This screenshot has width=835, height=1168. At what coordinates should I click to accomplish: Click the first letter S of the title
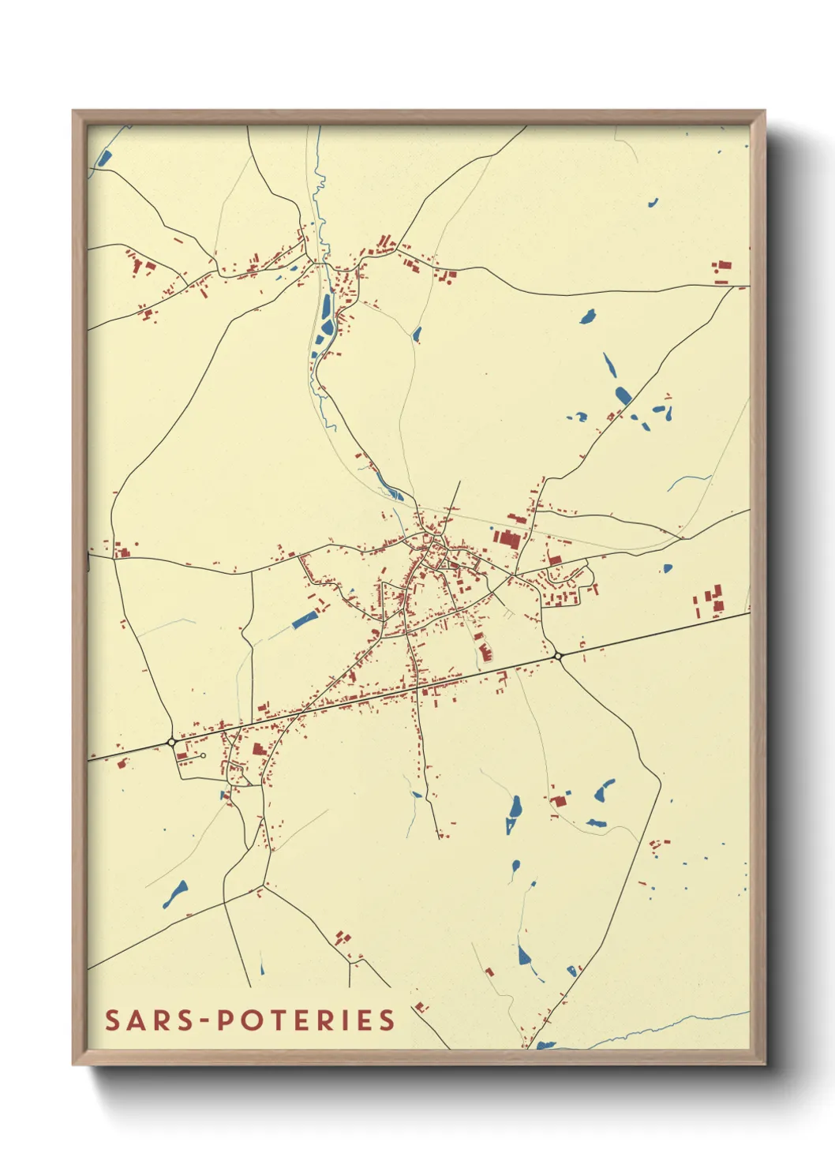pyautogui.click(x=113, y=1020)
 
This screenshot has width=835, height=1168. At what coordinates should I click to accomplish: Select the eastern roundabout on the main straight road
pyautogui.click(x=558, y=655)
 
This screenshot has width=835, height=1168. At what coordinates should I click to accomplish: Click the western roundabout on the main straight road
pyautogui.click(x=171, y=742)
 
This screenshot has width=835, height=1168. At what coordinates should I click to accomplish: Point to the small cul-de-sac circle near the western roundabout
pyautogui.click(x=204, y=756)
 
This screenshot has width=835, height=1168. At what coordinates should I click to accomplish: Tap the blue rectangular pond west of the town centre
pyautogui.click(x=304, y=620)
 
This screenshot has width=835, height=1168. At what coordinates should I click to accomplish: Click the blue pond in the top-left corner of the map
pyautogui.click(x=104, y=157)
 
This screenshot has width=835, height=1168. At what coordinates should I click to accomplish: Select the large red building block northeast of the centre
pyautogui.click(x=507, y=538)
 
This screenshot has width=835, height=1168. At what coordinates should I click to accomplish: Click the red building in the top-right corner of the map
pyautogui.click(x=721, y=270)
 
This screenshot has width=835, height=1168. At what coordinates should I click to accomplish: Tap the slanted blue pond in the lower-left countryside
pyautogui.click(x=175, y=893)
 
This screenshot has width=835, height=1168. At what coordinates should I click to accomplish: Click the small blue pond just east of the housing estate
pyautogui.click(x=668, y=567)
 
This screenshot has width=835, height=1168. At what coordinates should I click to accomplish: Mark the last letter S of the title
pyautogui.click(x=386, y=1020)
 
